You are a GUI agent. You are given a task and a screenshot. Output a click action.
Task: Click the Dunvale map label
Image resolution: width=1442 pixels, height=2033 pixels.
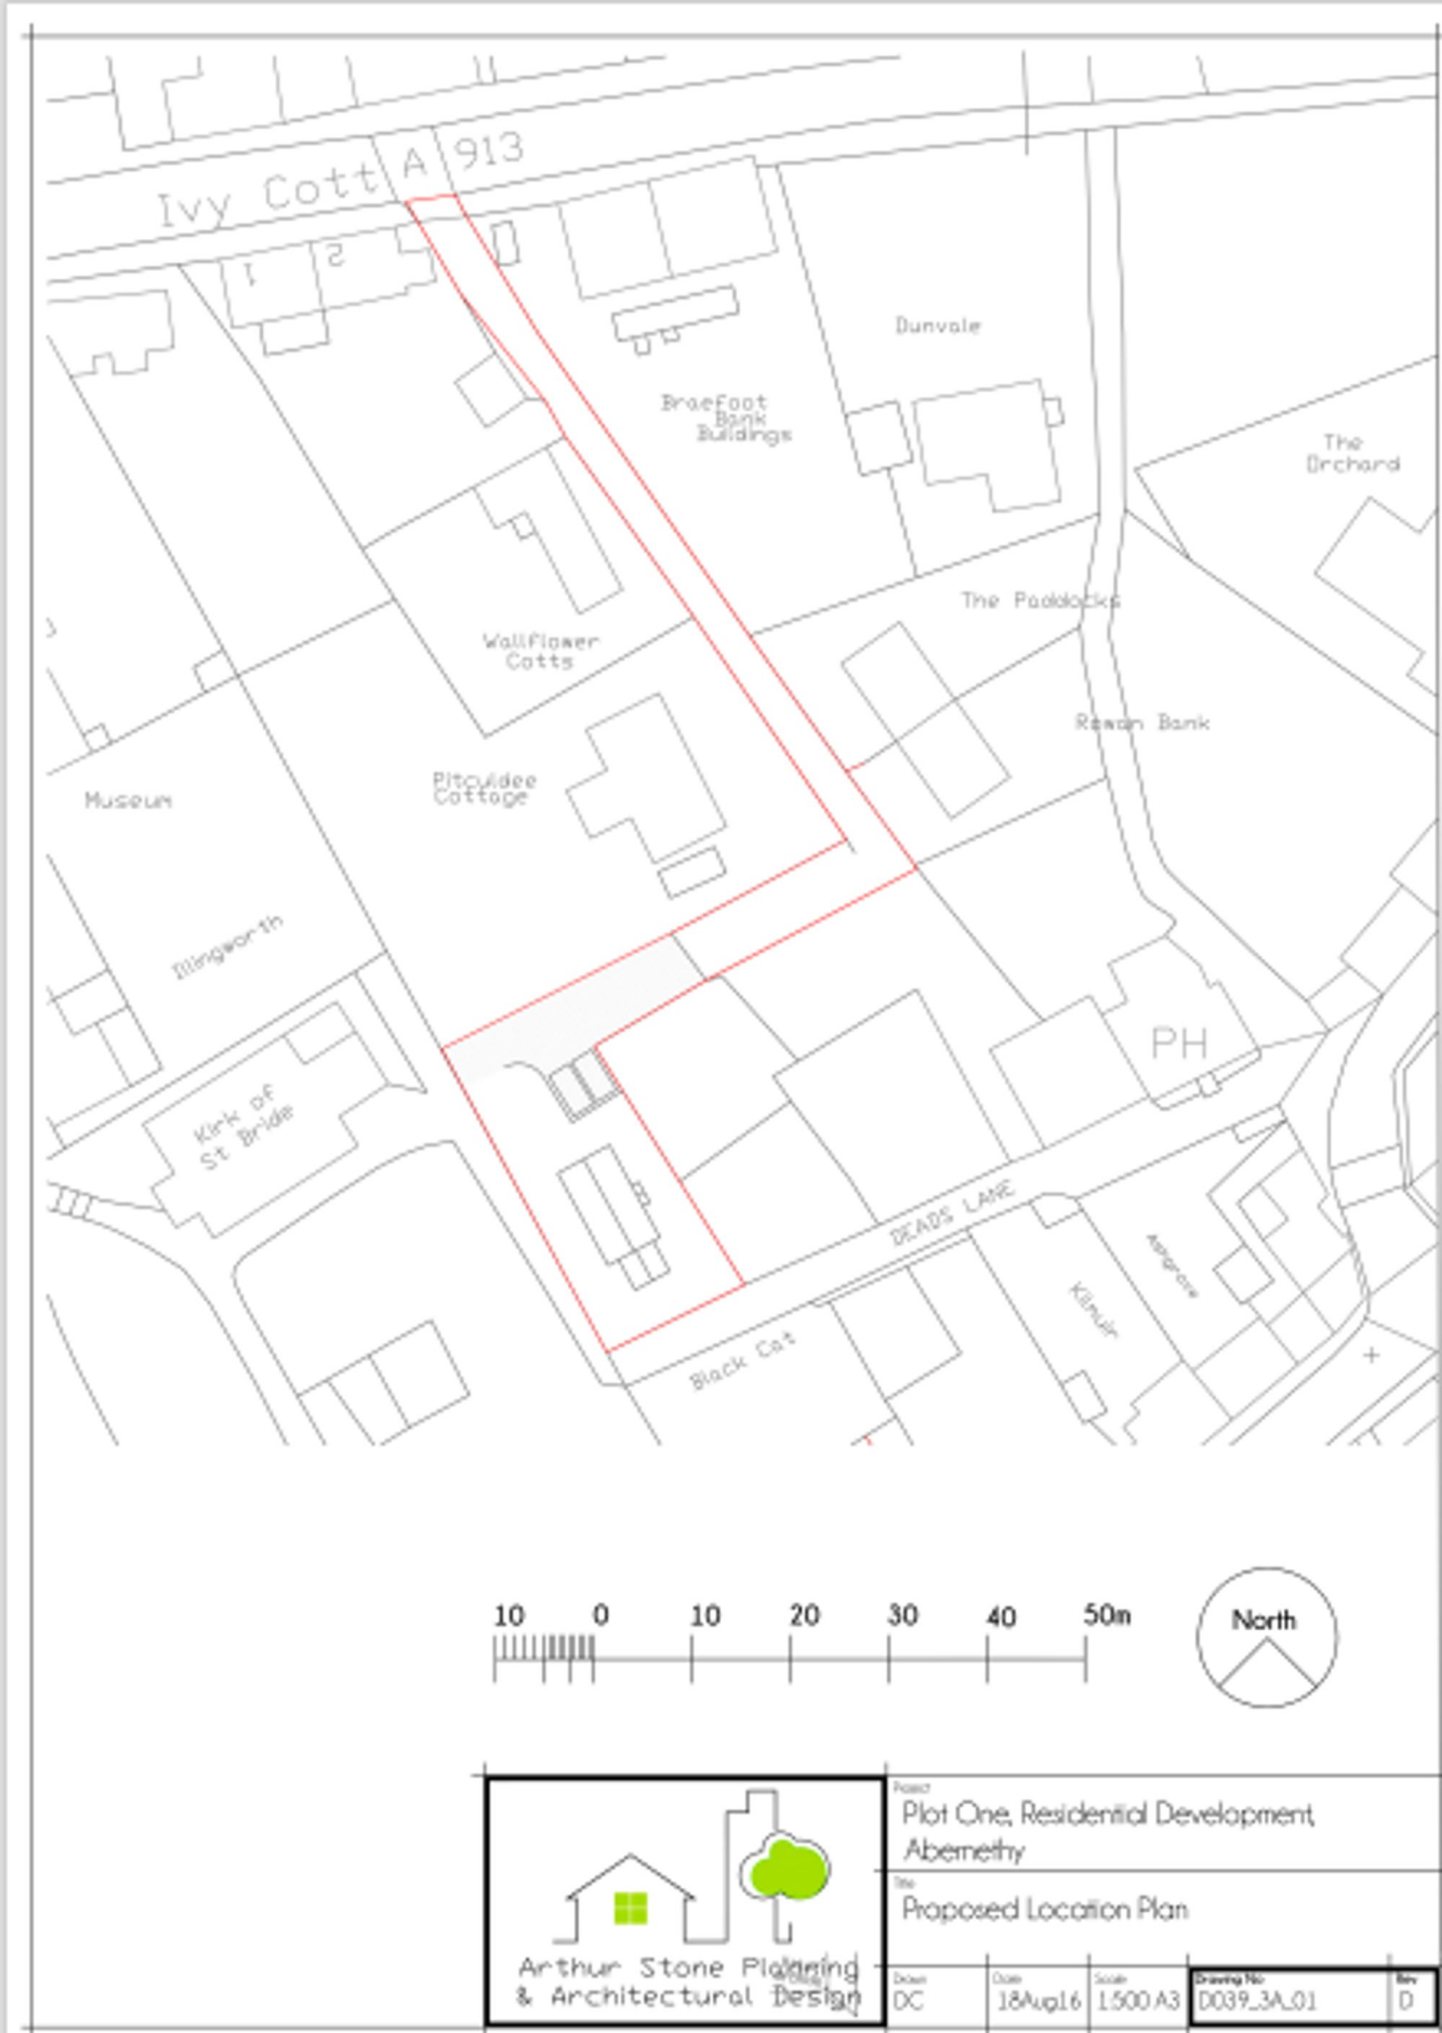[937, 326]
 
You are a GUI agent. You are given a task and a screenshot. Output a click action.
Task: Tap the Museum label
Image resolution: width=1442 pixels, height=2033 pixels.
[128, 800]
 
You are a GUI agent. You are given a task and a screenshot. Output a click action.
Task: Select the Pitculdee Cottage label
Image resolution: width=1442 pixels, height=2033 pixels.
[484, 788]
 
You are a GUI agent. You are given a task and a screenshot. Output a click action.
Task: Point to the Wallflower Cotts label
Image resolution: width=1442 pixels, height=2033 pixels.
[540, 651]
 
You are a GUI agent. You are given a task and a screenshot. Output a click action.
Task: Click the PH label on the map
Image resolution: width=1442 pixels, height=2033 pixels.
[1179, 1043]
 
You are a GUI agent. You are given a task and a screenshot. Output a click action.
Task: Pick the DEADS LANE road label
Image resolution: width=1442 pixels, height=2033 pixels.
[951, 1212]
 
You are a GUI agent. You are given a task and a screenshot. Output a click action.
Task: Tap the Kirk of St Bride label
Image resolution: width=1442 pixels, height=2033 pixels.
[244, 1128]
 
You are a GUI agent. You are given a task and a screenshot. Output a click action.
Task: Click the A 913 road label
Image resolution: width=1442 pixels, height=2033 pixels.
[463, 155]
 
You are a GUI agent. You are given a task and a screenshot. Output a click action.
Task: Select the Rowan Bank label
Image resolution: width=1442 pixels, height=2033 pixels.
[1142, 722]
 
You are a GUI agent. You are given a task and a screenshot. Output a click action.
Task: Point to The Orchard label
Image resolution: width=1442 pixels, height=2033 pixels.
[1352, 454]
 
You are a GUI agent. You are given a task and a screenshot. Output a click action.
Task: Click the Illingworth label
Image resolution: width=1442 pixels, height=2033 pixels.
[228, 946]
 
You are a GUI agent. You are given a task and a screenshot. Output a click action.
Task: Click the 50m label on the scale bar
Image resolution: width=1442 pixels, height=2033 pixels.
[1105, 1615]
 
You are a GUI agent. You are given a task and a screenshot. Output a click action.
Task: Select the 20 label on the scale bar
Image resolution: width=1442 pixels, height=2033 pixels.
[804, 1616]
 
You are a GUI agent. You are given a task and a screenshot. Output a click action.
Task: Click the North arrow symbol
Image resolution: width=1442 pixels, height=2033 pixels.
[1266, 1637]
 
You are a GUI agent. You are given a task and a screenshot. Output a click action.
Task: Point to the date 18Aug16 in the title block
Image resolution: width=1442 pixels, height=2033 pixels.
[1038, 2000]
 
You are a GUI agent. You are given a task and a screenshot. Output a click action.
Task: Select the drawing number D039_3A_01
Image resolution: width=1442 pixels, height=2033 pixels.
[1256, 2000]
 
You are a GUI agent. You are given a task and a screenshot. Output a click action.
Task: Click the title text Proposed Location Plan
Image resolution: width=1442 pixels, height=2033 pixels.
[1044, 1909]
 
